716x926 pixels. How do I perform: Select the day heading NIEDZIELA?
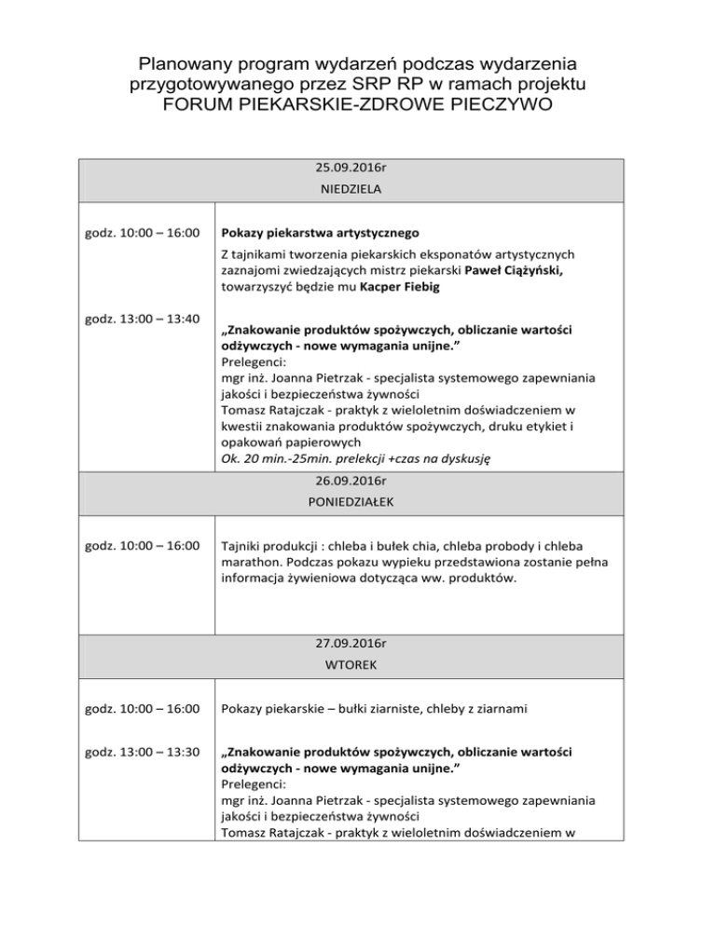coord(357,188)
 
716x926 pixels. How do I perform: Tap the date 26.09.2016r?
coord(357,482)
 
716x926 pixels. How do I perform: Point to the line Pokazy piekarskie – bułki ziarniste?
coord(375,710)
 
